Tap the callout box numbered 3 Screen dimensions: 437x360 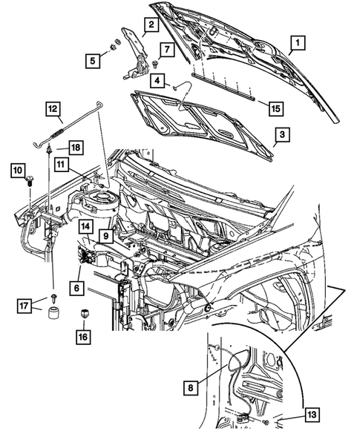coord(281,135)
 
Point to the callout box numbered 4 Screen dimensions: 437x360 coord(160,80)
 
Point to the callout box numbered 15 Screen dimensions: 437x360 coord(275,108)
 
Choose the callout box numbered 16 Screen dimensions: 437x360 coord(82,338)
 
